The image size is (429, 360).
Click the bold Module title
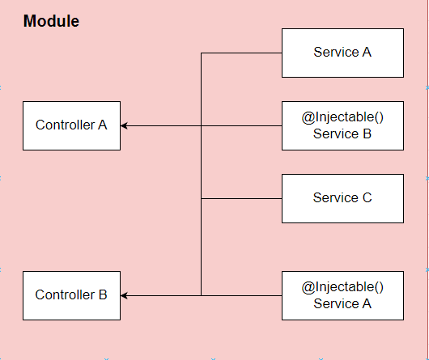click(x=51, y=21)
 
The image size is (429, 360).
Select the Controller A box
click(x=72, y=125)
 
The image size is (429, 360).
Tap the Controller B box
click(x=72, y=295)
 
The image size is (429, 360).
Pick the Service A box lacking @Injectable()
click(x=342, y=53)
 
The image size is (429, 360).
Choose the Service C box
click(x=342, y=198)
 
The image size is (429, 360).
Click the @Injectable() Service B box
click(x=342, y=125)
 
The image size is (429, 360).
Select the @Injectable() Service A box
click(x=342, y=295)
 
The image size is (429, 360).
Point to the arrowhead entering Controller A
click(x=124, y=125)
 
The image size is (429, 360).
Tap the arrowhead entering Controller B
click(x=124, y=295)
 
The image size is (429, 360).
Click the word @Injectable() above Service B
click(x=342, y=117)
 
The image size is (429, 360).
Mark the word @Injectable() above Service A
click(x=342, y=287)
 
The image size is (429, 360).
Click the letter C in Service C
click(x=367, y=197)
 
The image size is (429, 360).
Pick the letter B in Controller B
click(x=103, y=294)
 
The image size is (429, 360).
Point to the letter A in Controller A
click(x=102, y=125)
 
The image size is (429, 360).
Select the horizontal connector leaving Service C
click(x=241, y=198)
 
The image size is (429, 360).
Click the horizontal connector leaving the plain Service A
click(x=241, y=53)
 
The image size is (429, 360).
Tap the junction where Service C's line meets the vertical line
click(x=201, y=198)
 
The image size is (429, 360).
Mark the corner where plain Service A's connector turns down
click(x=201, y=53)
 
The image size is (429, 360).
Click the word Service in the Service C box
click(x=336, y=197)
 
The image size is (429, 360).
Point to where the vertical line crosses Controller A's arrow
click(x=201, y=125)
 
